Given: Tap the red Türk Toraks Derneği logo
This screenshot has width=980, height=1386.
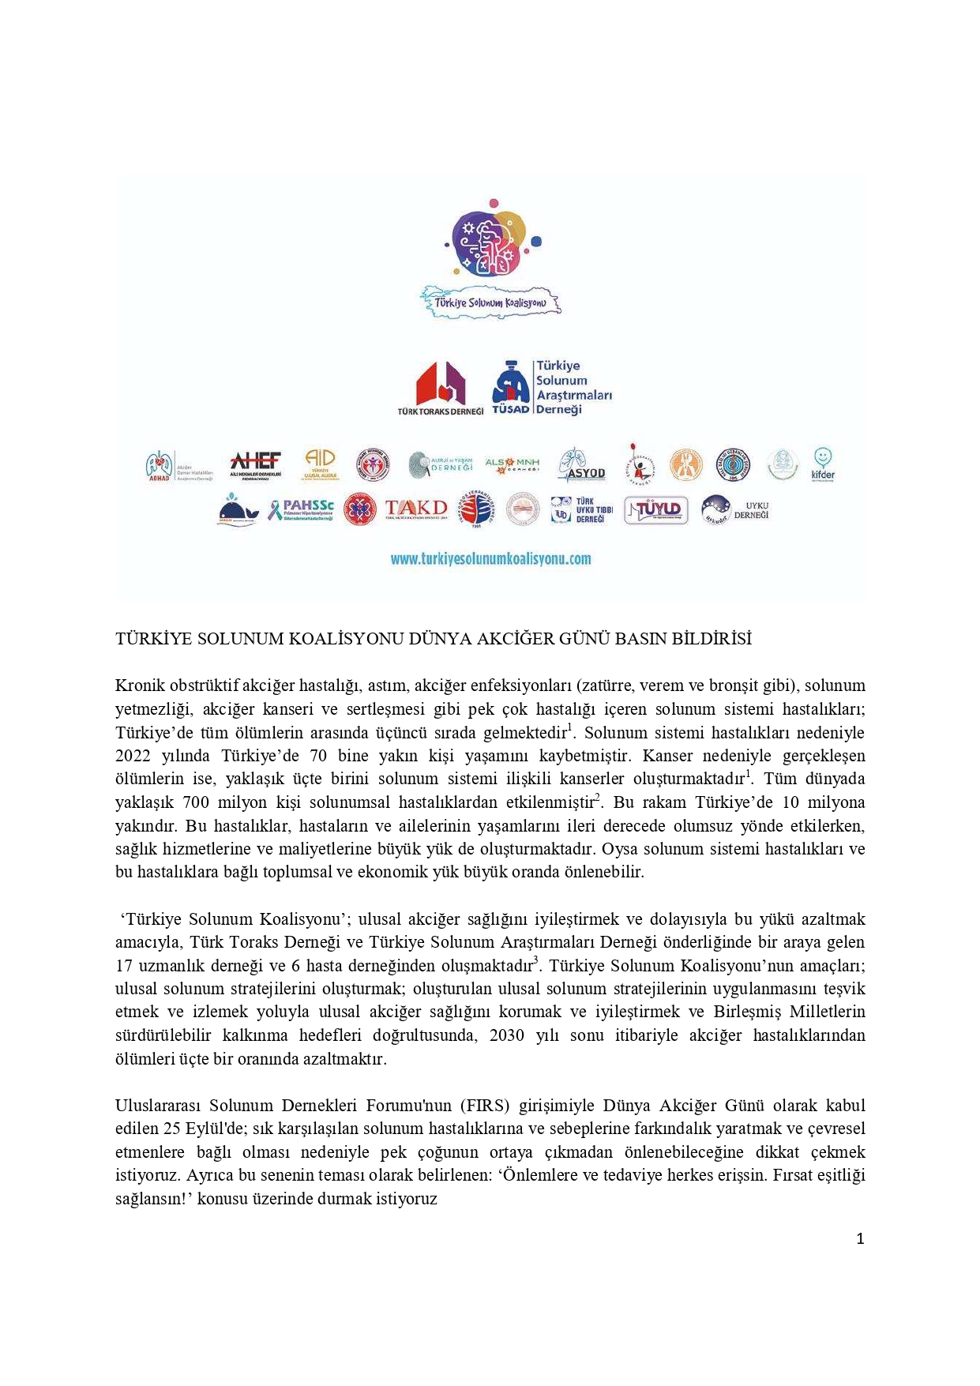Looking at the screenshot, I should pos(440,387).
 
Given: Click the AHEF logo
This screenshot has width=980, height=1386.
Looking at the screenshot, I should pos(255,464).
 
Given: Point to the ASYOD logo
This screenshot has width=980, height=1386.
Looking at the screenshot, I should pos(581,465).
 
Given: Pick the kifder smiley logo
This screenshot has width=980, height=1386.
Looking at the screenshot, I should pos(822,464).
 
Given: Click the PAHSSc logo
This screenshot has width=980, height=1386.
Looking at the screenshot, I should pos(300,510).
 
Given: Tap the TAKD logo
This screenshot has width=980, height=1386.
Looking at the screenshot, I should pos(415,509).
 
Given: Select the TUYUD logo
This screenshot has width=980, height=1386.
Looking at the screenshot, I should pos(655,510).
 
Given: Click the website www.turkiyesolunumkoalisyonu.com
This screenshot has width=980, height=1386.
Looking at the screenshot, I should pos(490,559).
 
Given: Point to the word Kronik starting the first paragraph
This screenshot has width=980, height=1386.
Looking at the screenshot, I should pos(139,685).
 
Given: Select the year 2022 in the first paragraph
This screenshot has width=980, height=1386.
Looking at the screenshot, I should pos(133,756).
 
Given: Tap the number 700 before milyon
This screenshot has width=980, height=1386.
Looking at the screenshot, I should pos(196,802).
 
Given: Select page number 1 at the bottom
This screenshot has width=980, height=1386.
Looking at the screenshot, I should pos(860,1238).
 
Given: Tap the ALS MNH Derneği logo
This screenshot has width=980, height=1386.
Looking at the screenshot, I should pos(512,464).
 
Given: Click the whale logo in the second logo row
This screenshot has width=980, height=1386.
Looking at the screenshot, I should pos(238,511).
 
